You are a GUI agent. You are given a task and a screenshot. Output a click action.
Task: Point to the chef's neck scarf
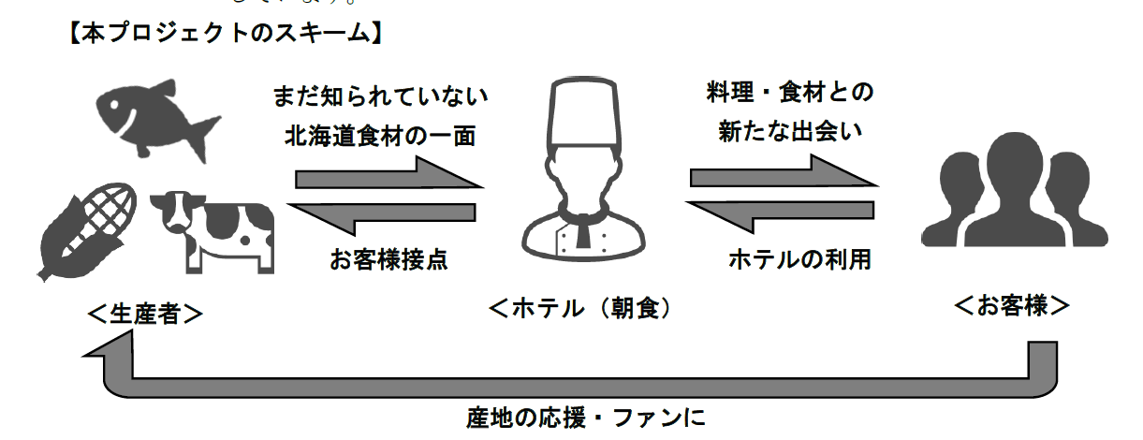583,229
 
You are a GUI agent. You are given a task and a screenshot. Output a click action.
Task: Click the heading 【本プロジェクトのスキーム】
224,35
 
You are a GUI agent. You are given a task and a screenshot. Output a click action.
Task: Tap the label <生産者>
144,314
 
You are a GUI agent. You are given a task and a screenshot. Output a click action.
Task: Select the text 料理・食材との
789,92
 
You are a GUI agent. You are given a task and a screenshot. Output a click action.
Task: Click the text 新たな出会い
789,133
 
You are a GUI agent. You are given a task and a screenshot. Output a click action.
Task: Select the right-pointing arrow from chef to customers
782,174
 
